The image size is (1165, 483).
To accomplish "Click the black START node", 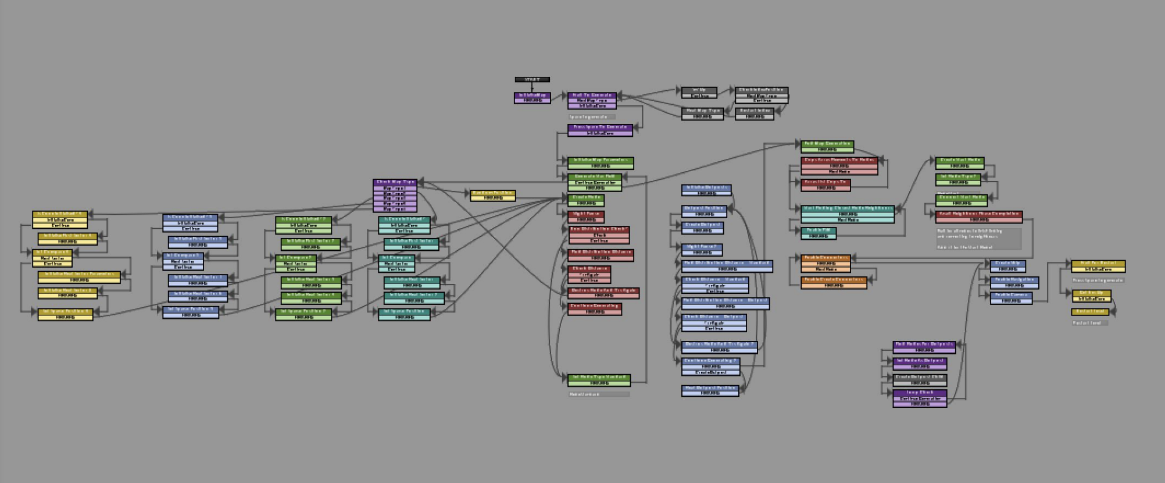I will point(532,79).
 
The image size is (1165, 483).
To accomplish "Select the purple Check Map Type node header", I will point(395,182).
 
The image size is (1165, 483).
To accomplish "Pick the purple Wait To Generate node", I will point(592,95).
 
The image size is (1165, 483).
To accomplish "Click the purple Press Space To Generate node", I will point(600,127).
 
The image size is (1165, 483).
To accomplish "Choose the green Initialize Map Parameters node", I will point(601,161).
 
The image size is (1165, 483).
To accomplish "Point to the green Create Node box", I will point(586,198).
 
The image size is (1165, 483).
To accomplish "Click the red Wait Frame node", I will point(586,214).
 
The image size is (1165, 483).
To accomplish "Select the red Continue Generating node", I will point(594,306).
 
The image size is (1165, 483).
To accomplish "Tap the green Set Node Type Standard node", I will point(599,378).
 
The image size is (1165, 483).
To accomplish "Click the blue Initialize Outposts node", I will point(706,188).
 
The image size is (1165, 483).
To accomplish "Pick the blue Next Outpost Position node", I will point(710,388).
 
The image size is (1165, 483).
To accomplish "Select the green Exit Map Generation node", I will point(827,144).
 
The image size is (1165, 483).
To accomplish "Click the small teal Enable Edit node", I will point(819,231).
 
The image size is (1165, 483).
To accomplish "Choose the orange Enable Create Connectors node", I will point(834,280).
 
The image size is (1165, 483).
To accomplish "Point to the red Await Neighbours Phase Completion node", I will point(979,214).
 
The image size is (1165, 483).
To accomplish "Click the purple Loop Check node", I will point(920,393).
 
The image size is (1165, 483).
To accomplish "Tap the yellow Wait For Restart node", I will point(1098,264).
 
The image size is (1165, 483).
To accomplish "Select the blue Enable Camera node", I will point(1011,296).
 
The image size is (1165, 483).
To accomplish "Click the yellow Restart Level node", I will point(1090,312).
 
